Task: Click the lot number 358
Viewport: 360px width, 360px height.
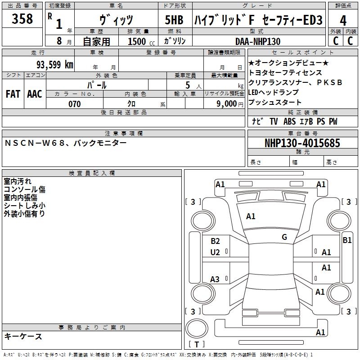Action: click(22, 19)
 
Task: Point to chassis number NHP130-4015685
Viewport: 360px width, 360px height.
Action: click(302, 143)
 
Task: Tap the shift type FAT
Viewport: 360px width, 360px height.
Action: click(13, 94)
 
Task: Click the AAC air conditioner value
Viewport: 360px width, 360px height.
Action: click(35, 94)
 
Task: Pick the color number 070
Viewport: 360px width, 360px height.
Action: click(74, 104)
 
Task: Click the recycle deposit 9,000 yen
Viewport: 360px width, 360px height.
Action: click(229, 104)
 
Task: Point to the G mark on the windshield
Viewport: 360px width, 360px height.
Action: click(284, 237)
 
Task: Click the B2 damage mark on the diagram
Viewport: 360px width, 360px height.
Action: click(215, 241)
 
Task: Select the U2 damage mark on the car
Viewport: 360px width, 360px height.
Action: click(215, 252)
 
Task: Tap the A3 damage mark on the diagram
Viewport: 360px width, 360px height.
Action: click(215, 279)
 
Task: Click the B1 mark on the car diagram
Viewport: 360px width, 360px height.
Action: click(347, 240)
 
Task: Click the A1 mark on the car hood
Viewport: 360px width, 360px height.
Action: click(251, 216)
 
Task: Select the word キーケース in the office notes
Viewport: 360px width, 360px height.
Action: click(23, 336)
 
